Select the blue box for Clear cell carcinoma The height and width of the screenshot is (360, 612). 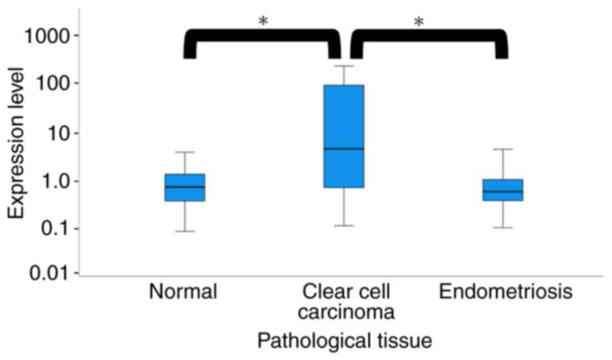click(x=344, y=114)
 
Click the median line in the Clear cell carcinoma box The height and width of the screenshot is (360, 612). click(x=344, y=148)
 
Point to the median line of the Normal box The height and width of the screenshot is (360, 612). click(x=184, y=187)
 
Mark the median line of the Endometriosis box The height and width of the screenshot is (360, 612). click(x=503, y=191)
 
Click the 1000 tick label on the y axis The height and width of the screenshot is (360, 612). click(x=47, y=35)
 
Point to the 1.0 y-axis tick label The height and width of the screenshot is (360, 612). click(x=54, y=181)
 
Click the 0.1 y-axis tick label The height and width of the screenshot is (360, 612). click(x=54, y=228)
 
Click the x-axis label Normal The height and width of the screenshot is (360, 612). click(x=183, y=292)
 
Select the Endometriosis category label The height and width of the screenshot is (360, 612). click(x=506, y=292)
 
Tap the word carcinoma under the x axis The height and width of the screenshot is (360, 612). click(x=347, y=312)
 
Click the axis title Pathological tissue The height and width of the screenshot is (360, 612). click(x=344, y=342)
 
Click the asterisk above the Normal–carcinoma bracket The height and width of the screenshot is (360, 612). click(x=263, y=21)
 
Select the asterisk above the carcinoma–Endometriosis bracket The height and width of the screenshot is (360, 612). click(x=419, y=23)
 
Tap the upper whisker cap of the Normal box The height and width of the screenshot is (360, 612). click(x=184, y=152)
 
